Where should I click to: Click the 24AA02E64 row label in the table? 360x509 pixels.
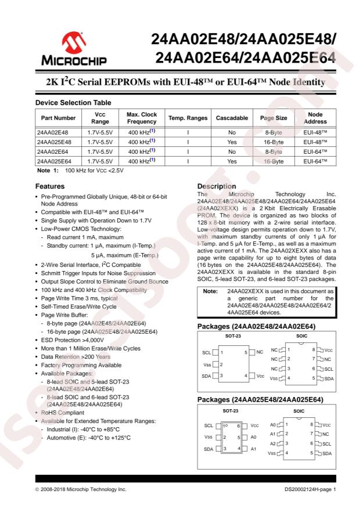(x=53, y=151)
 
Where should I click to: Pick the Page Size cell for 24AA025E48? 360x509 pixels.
(x=273, y=142)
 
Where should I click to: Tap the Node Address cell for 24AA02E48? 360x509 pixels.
(x=315, y=132)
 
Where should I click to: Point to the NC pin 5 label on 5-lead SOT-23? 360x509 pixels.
(x=259, y=352)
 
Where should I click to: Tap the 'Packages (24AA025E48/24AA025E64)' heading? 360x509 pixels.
(x=260, y=400)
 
